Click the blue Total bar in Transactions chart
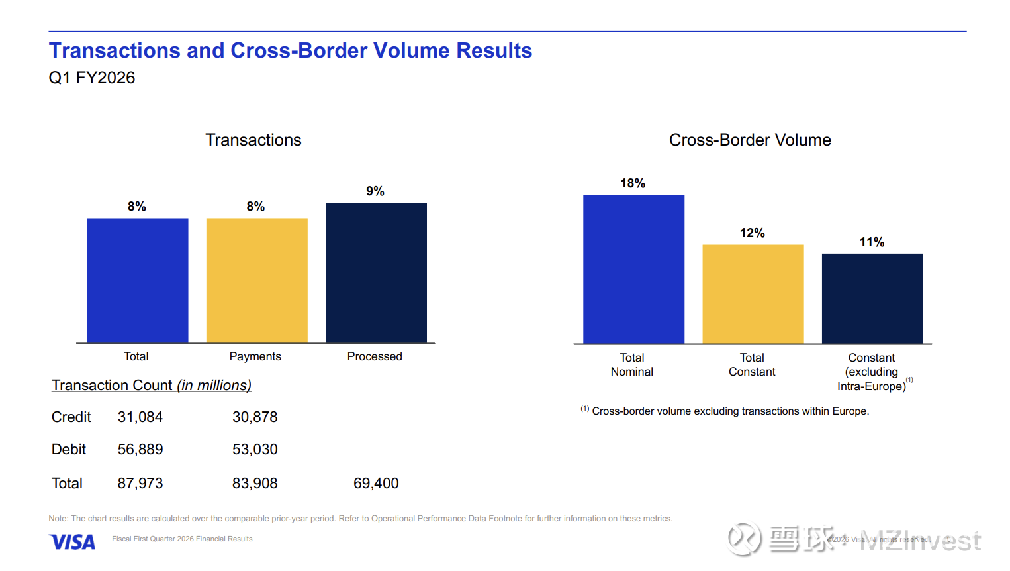click(138, 280)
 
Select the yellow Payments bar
click(257, 280)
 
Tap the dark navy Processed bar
click(376, 273)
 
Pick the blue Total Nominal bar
click(633, 269)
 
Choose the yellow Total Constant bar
click(753, 294)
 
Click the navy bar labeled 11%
click(872, 298)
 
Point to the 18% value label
click(633, 183)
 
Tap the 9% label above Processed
click(375, 191)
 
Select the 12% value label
click(753, 233)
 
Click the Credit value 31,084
click(140, 417)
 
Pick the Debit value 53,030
click(255, 450)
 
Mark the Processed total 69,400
click(376, 484)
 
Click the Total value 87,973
click(140, 484)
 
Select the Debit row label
click(69, 450)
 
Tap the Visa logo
click(72, 542)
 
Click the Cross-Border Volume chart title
click(750, 140)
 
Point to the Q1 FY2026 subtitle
click(92, 78)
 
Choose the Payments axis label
click(255, 356)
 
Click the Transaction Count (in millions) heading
click(152, 386)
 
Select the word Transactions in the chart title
click(253, 140)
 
